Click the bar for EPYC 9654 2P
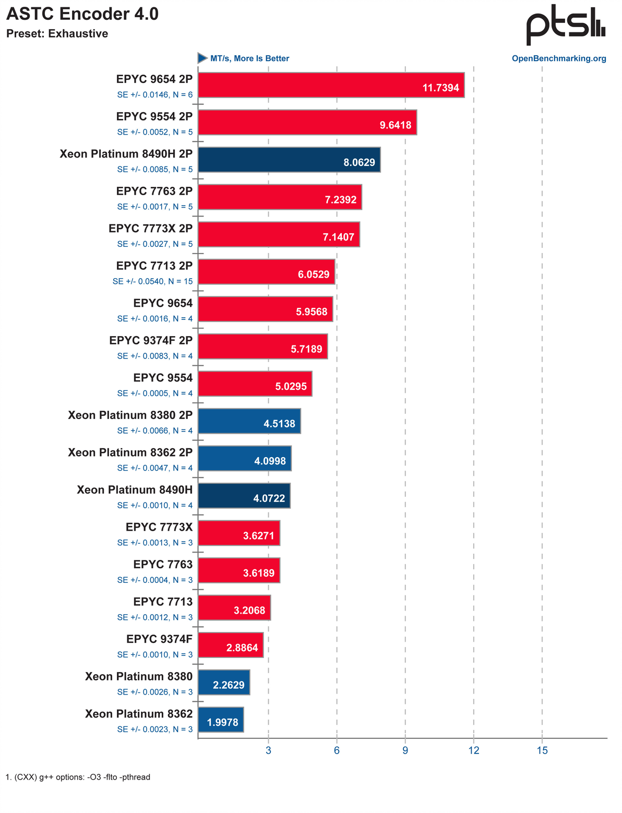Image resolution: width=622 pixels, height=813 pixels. point(331,85)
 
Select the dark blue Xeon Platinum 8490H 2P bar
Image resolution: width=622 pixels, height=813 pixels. point(289,160)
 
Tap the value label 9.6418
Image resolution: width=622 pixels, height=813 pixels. point(396,125)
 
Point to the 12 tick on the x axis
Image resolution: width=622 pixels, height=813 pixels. point(474,750)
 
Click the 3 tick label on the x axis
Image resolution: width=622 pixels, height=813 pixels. point(268,750)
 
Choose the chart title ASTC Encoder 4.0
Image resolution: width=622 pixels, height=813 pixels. point(82,14)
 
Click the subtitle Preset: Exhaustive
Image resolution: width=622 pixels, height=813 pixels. point(57,34)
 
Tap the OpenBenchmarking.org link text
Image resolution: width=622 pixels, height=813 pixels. point(559,58)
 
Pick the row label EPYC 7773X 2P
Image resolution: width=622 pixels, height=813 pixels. point(151,229)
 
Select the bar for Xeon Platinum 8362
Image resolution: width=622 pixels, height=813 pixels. point(221,720)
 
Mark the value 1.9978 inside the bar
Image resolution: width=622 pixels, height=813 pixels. point(223,723)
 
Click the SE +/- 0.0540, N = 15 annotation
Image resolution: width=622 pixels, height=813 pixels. point(153,281)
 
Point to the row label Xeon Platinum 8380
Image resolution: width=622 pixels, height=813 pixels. point(139,677)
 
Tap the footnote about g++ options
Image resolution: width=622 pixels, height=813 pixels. point(78,778)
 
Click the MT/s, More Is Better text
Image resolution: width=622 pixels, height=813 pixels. point(249,58)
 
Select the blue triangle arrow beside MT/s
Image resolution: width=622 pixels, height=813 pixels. point(202,58)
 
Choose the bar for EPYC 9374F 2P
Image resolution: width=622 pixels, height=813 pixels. point(263,346)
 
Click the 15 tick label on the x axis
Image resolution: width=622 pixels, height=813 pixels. point(542,750)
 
